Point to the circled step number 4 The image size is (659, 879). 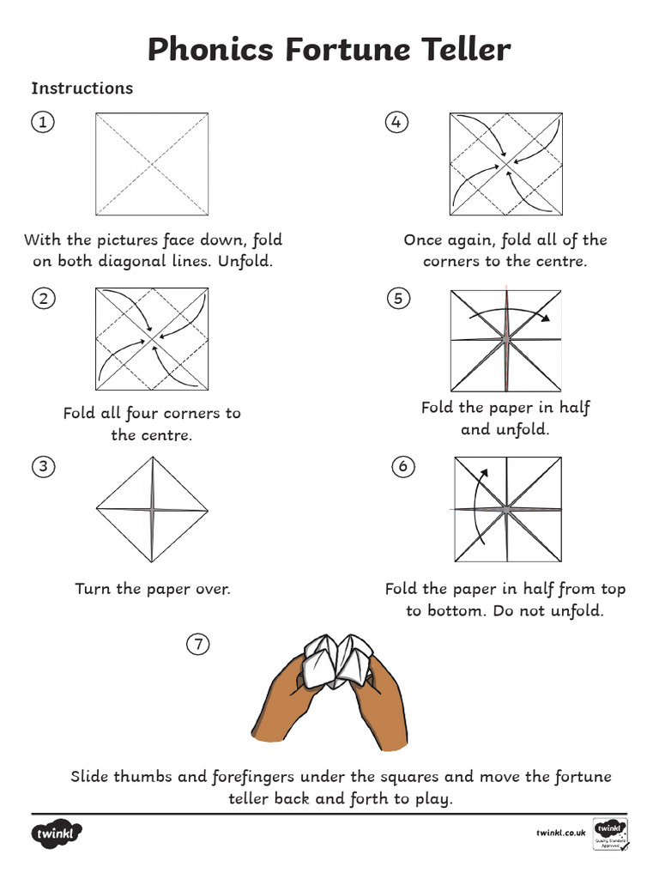(x=395, y=123)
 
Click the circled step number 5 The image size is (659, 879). (x=395, y=299)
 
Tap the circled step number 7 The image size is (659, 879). (x=198, y=644)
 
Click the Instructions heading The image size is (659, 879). (x=82, y=88)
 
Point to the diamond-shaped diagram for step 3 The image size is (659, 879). (x=153, y=508)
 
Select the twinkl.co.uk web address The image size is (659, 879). (x=560, y=832)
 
